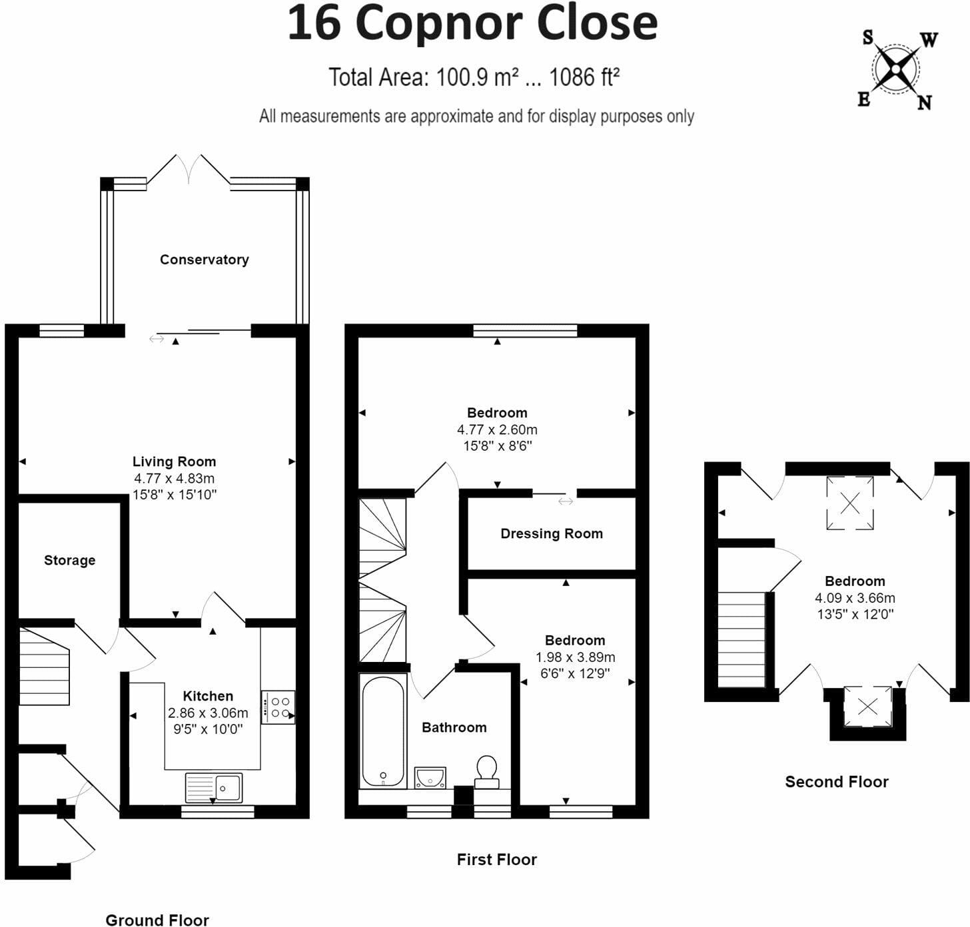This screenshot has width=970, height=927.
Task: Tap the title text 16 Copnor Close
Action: point(472,24)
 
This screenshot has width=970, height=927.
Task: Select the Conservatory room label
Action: point(204,260)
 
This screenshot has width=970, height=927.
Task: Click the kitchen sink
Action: point(214,787)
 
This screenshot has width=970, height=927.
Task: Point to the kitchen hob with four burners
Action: point(278,707)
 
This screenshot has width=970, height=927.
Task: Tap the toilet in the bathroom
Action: point(486,771)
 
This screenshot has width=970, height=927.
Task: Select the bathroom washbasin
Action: point(430,777)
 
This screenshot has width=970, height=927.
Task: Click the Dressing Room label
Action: point(551,533)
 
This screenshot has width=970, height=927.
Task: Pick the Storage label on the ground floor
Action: point(69,560)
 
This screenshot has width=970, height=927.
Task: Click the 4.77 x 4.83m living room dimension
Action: point(174,478)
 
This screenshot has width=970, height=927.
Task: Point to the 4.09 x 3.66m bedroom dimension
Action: point(855,597)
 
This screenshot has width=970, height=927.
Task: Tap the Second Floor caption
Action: point(836,782)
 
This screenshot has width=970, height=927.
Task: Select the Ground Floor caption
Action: point(157,920)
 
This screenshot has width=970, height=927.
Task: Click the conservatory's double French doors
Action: point(189,169)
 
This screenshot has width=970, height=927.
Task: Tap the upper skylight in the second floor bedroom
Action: point(850,503)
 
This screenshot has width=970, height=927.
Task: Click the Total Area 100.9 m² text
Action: point(474,78)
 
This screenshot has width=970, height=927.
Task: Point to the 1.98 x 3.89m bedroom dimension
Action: point(575,657)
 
